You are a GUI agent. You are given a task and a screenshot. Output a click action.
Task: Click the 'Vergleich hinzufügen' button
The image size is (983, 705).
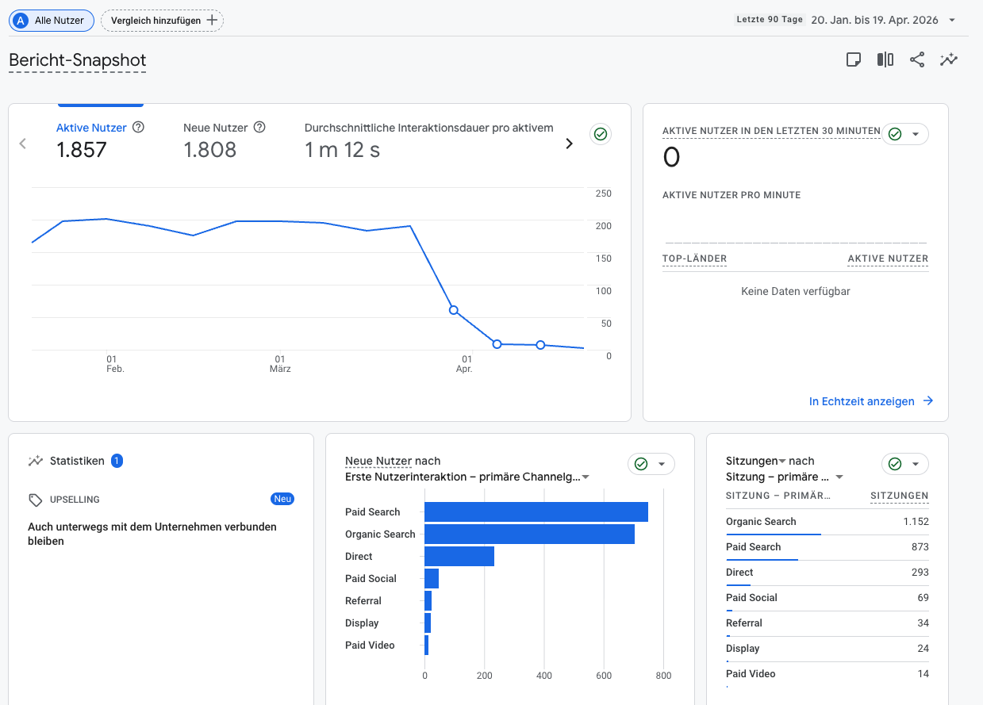tap(162, 21)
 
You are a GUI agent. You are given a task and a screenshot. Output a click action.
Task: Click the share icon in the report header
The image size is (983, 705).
tap(917, 59)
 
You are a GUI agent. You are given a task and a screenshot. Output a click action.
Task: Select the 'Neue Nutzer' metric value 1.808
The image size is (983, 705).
tap(209, 150)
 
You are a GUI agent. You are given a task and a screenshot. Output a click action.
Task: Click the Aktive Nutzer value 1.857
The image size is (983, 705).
tap(82, 150)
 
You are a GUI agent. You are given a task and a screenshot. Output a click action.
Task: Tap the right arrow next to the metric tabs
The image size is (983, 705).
tap(569, 144)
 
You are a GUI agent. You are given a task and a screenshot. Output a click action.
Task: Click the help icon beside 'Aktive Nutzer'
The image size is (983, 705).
tap(138, 127)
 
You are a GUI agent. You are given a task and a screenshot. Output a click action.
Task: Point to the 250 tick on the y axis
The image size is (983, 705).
tap(603, 193)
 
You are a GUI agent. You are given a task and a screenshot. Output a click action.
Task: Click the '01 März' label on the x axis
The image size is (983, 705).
tap(280, 364)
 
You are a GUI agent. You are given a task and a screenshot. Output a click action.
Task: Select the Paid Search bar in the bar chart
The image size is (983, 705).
tap(536, 512)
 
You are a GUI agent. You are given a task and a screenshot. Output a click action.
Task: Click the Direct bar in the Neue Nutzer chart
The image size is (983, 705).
tap(459, 557)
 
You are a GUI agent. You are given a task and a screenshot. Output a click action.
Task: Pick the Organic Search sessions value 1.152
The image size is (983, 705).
tap(915, 522)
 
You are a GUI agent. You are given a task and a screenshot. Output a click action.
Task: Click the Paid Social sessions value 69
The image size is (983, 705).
tap(922, 598)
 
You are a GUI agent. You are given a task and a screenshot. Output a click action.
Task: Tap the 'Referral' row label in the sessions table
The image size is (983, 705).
tap(744, 623)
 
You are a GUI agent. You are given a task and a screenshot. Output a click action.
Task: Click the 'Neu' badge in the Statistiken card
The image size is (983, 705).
tap(282, 499)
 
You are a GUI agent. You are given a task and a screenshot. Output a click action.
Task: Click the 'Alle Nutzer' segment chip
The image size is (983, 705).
tap(52, 21)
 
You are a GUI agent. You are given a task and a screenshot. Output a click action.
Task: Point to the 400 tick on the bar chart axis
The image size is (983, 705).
tap(544, 676)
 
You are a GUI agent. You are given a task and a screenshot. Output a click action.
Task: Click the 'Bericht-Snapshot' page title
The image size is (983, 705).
tap(77, 60)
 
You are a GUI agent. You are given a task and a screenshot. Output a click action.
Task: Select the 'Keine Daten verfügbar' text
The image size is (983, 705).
tap(795, 291)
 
